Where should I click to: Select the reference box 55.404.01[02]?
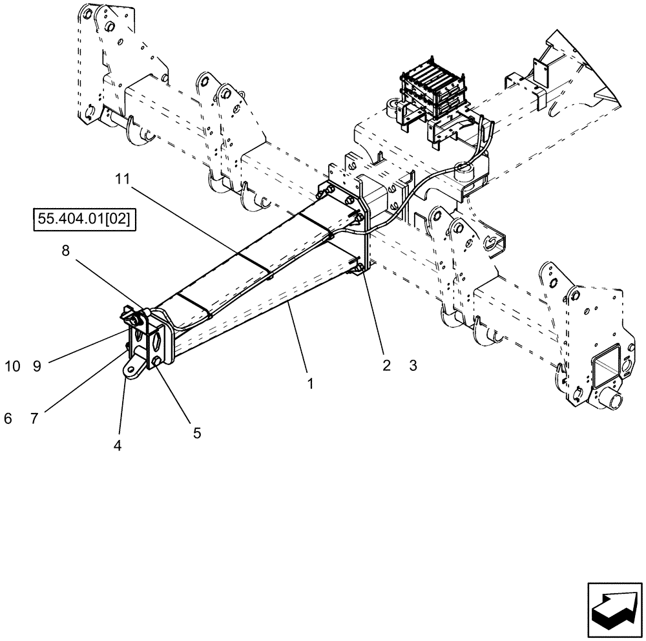83,220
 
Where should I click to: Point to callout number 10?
12,366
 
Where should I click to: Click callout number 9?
37,366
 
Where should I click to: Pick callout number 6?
8,418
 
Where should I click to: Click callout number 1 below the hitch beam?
311,383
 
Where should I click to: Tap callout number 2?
386,366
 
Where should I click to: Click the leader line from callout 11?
194,226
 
